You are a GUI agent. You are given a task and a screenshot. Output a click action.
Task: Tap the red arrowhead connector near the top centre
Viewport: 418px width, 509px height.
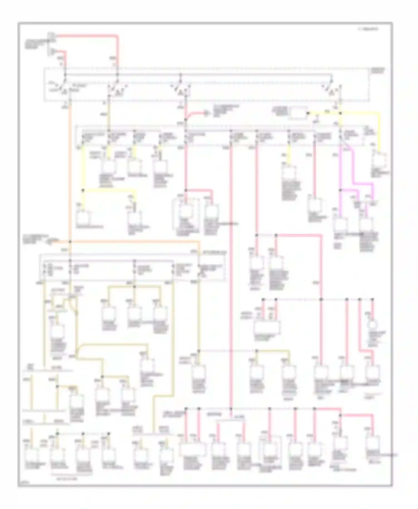click(206, 113)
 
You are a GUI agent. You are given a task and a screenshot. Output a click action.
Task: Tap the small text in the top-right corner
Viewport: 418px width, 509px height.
click(367, 29)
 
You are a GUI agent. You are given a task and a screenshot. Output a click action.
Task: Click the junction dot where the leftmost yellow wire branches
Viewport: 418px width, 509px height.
click(83, 190)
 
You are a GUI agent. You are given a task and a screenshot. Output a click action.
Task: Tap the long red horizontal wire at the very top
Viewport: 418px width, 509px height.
click(86, 36)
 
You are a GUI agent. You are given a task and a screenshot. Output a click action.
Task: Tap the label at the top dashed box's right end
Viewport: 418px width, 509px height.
click(377, 70)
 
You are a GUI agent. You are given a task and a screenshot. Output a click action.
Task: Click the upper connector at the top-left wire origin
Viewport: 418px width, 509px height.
click(51, 35)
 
